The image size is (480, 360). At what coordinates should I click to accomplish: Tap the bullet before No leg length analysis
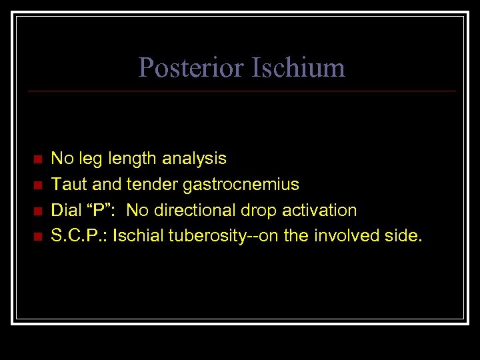37,159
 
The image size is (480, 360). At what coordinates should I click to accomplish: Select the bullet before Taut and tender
37,185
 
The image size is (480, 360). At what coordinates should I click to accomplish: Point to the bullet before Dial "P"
37,211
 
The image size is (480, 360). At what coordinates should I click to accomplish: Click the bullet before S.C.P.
37,236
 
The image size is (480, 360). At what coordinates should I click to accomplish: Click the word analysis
195,159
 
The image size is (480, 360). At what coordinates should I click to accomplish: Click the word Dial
66,210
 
